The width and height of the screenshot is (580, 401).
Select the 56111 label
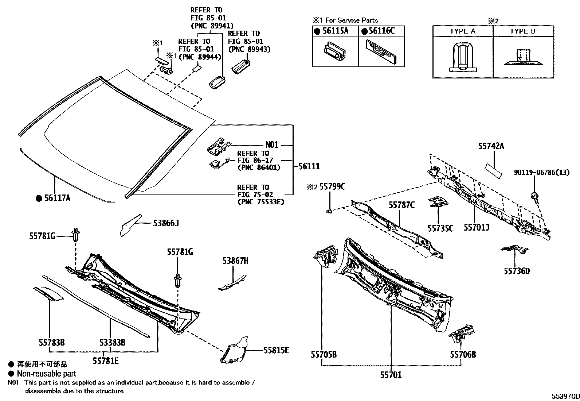pyautogui.click(x=309, y=166)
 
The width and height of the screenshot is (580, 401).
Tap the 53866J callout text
pyautogui.click(x=166, y=223)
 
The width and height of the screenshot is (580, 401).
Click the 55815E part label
pyautogui.click(x=276, y=350)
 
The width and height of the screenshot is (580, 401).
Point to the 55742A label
pyautogui.click(x=491, y=146)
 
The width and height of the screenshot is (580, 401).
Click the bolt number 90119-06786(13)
pyautogui.click(x=541, y=172)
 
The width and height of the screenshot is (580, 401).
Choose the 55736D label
pyautogui.click(x=517, y=271)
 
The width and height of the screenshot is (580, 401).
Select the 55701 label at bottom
pyautogui.click(x=391, y=375)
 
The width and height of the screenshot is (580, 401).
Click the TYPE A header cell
pyautogui.click(x=462, y=31)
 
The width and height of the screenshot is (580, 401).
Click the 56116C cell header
pyautogui.click(x=381, y=31)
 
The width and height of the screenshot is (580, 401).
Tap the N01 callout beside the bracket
pyautogui.click(x=272, y=145)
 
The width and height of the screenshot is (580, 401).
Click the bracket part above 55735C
pyautogui.click(x=438, y=201)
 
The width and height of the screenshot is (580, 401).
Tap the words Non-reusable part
pyautogui.click(x=47, y=374)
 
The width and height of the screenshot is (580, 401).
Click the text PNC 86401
pyautogui.click(x=259, y=167)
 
